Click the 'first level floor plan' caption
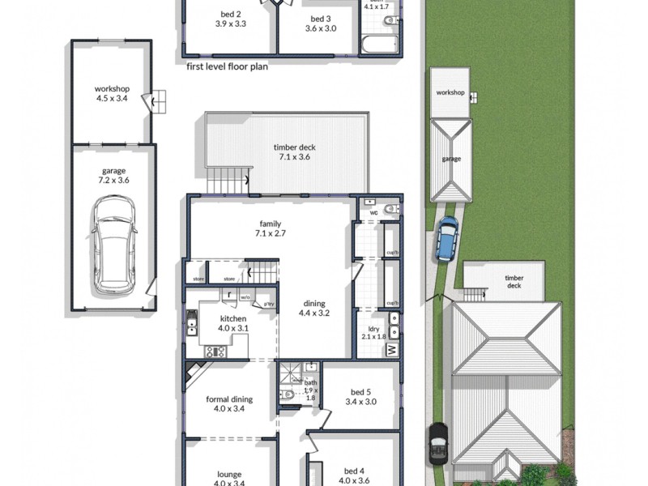click(x=227, y=66)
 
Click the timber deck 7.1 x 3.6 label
click(x=294, y=152)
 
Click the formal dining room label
click(x=228, y=403)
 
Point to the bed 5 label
click(x=360, y=396)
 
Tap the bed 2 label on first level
click(x=230, y=19)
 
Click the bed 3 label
click(x=321, y=23)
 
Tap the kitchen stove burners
click(x=215, y=352)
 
